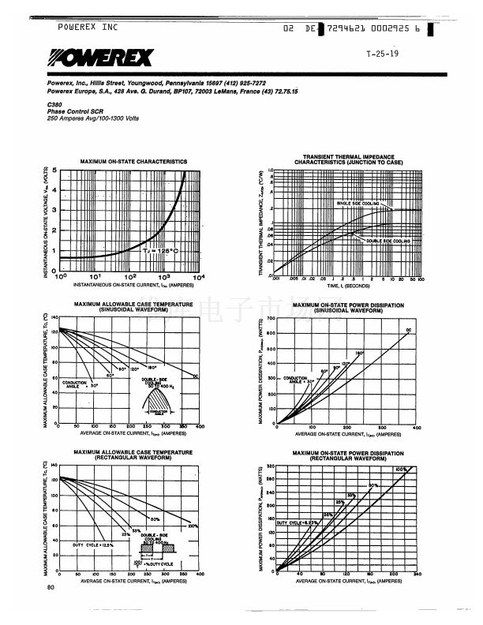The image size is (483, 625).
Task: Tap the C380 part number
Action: [x=54, y=105]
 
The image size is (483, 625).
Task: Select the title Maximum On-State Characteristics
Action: [x=133, y=161]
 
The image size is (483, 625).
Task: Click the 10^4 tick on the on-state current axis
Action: [x=198, y=277]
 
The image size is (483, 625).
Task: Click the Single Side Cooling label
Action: [x=360, y=204]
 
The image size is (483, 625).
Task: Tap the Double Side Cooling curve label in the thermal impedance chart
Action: [x=388, y=240]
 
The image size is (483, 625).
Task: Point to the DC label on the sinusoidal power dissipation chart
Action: [x=409, y=329]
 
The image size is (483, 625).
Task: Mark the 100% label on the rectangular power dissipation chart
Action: [x=401, y=470]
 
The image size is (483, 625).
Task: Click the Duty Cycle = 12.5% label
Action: [x=93, y=545]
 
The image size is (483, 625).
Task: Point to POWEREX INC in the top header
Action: [x=88, y=27]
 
